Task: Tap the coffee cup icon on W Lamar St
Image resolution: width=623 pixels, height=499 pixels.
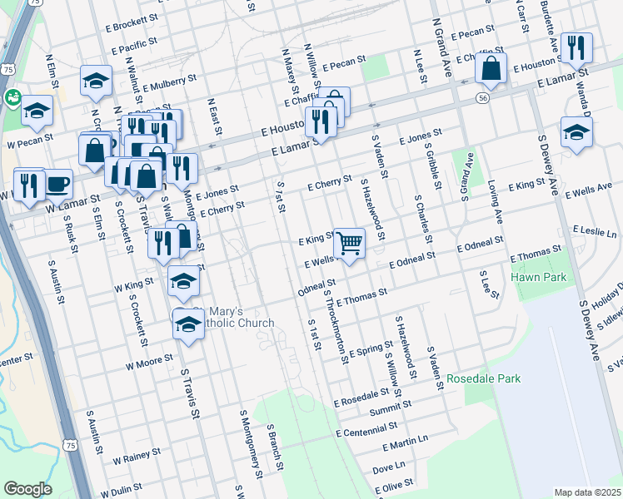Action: pos(57,183)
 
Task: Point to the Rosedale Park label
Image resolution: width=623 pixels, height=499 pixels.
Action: pos(484,378)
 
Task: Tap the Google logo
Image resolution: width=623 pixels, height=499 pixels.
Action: pos(27,489)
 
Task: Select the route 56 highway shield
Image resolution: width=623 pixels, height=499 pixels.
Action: pos(482,97)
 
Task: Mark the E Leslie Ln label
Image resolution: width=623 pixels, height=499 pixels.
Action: pos(594,231)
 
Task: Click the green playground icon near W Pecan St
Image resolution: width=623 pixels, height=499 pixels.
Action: pos(13,97)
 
